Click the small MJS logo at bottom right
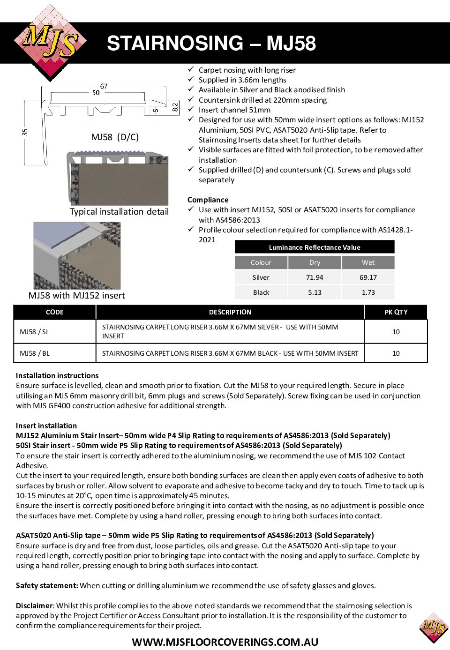pos(434,627)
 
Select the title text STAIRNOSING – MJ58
pos(211,44)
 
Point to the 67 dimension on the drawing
pos(104,86)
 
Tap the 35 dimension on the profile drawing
pos(25,133)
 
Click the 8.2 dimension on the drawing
pos(175,107)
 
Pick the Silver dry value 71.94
pos(315,277)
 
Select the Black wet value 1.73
pos(368,292)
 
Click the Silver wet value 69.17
pos(368,277)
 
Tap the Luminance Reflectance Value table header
pos(315,247)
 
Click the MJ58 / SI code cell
pos(34,332)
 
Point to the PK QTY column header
pos(396,312)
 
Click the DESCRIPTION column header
pos(230,312)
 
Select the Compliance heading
pos(208,200)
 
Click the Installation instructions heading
pos(57,375)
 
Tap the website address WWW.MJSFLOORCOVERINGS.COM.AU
pos(225,642)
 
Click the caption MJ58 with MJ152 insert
pos(77,296)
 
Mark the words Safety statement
pos(46,585)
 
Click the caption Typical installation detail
pos(119,212)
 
